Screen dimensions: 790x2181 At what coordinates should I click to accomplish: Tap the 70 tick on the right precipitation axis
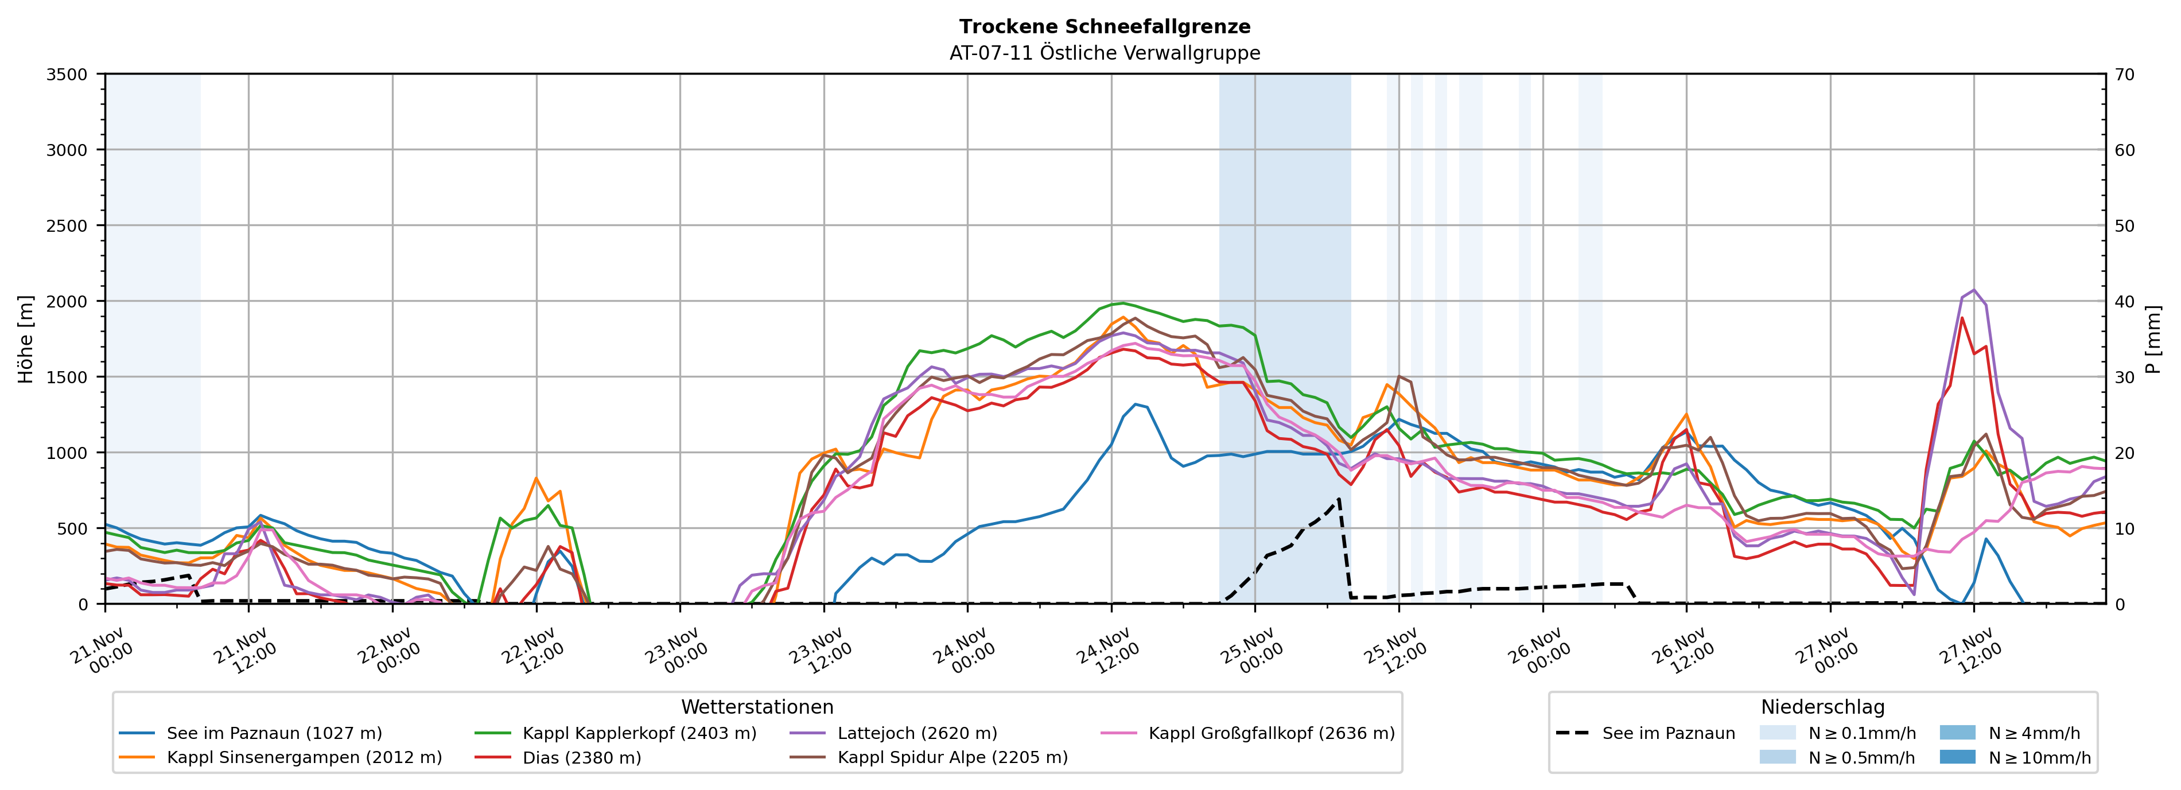click(x=2125, y=75)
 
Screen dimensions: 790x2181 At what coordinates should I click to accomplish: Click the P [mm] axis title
click(x=2153, y=338)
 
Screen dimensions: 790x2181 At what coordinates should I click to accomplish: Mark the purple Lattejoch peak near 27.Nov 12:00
click(x=1973, y=290)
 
